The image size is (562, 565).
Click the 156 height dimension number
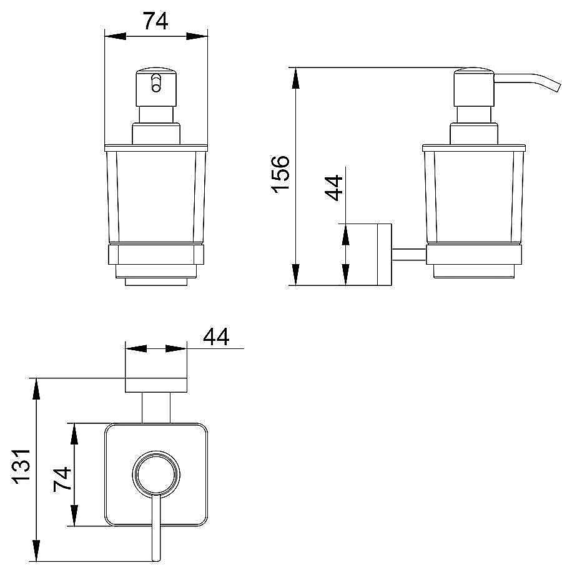(x=280, y=174)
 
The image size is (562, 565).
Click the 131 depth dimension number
(x=22, y=466)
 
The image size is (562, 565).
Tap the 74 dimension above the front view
(x=155, y=21)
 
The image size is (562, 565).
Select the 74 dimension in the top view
(x=62, y=479)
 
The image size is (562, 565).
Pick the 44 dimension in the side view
(x=333, y=187)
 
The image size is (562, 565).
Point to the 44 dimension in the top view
(x=216, y=337)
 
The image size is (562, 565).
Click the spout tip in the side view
(x=558, y=87)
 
